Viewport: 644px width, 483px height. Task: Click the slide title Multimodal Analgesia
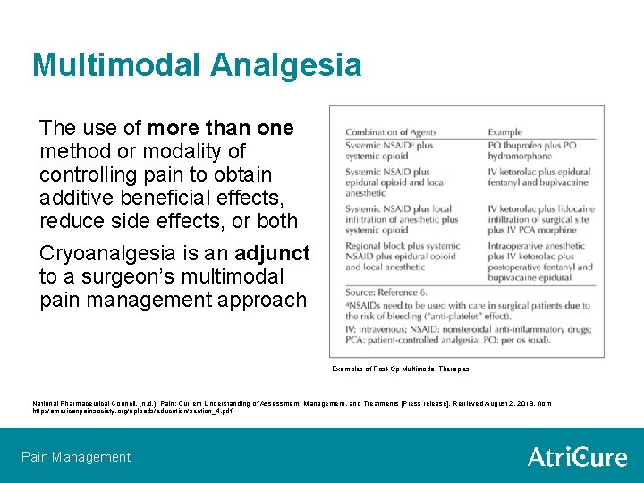pos(197,65)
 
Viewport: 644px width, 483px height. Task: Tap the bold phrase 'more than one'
pos(221,128)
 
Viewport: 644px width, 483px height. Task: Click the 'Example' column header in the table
pos(505,132)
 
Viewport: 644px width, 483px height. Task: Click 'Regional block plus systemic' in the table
pos(402,245)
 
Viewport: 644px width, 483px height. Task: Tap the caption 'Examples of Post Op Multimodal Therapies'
pos(400,369)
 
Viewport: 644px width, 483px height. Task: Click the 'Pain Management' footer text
pos(76,457)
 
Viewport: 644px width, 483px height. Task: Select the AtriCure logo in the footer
pos(577,457)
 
